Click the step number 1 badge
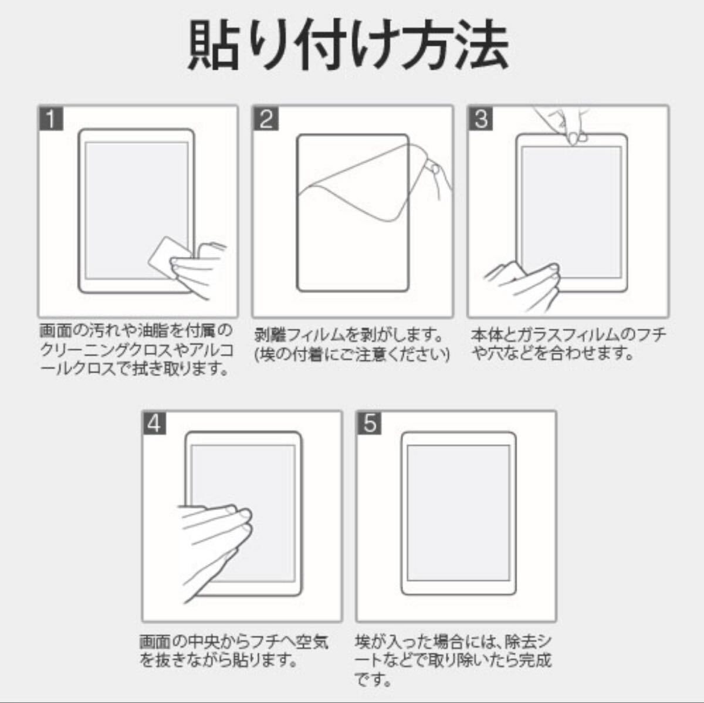[51, 119]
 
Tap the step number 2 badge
[266, 119]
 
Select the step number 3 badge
[481, 119]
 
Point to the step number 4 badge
[154, 424]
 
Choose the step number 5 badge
[370, 424]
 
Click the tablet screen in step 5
[458, 513]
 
